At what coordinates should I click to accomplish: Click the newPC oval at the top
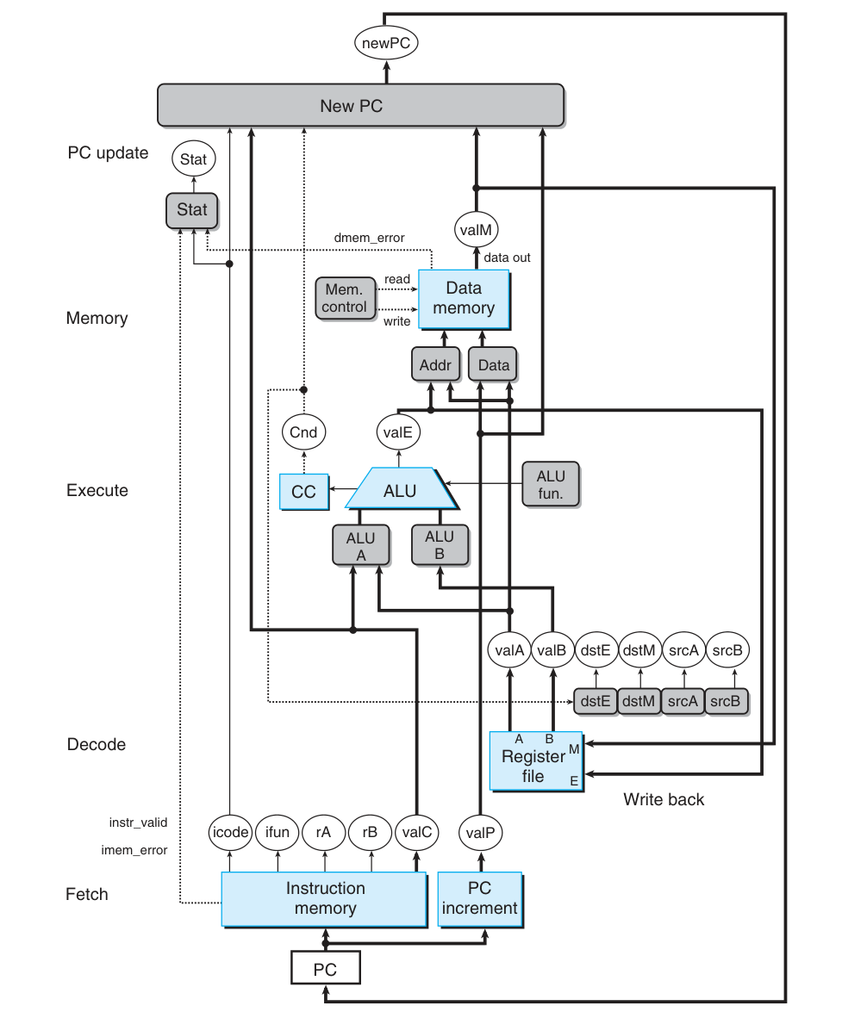pos(385,40)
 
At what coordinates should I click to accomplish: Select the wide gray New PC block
pos(360,106)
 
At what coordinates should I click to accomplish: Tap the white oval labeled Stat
pos(193,158)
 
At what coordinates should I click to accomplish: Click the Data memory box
pos(464,298)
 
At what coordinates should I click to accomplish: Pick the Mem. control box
pos(345,298)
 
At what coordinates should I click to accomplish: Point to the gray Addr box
pos(429,365)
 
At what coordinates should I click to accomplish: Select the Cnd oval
pos(303,432)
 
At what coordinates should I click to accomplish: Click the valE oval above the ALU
pos(398,432)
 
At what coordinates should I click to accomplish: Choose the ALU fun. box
pos(551,485)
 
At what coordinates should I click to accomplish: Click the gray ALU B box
pos(440,545)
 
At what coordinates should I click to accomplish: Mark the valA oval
pos(509,651)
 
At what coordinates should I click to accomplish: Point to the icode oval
pos(230,832)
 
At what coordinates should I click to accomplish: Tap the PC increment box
pos(480,898)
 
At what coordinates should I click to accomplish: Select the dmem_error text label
pos(369,238)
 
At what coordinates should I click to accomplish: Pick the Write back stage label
pos(664,800)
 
